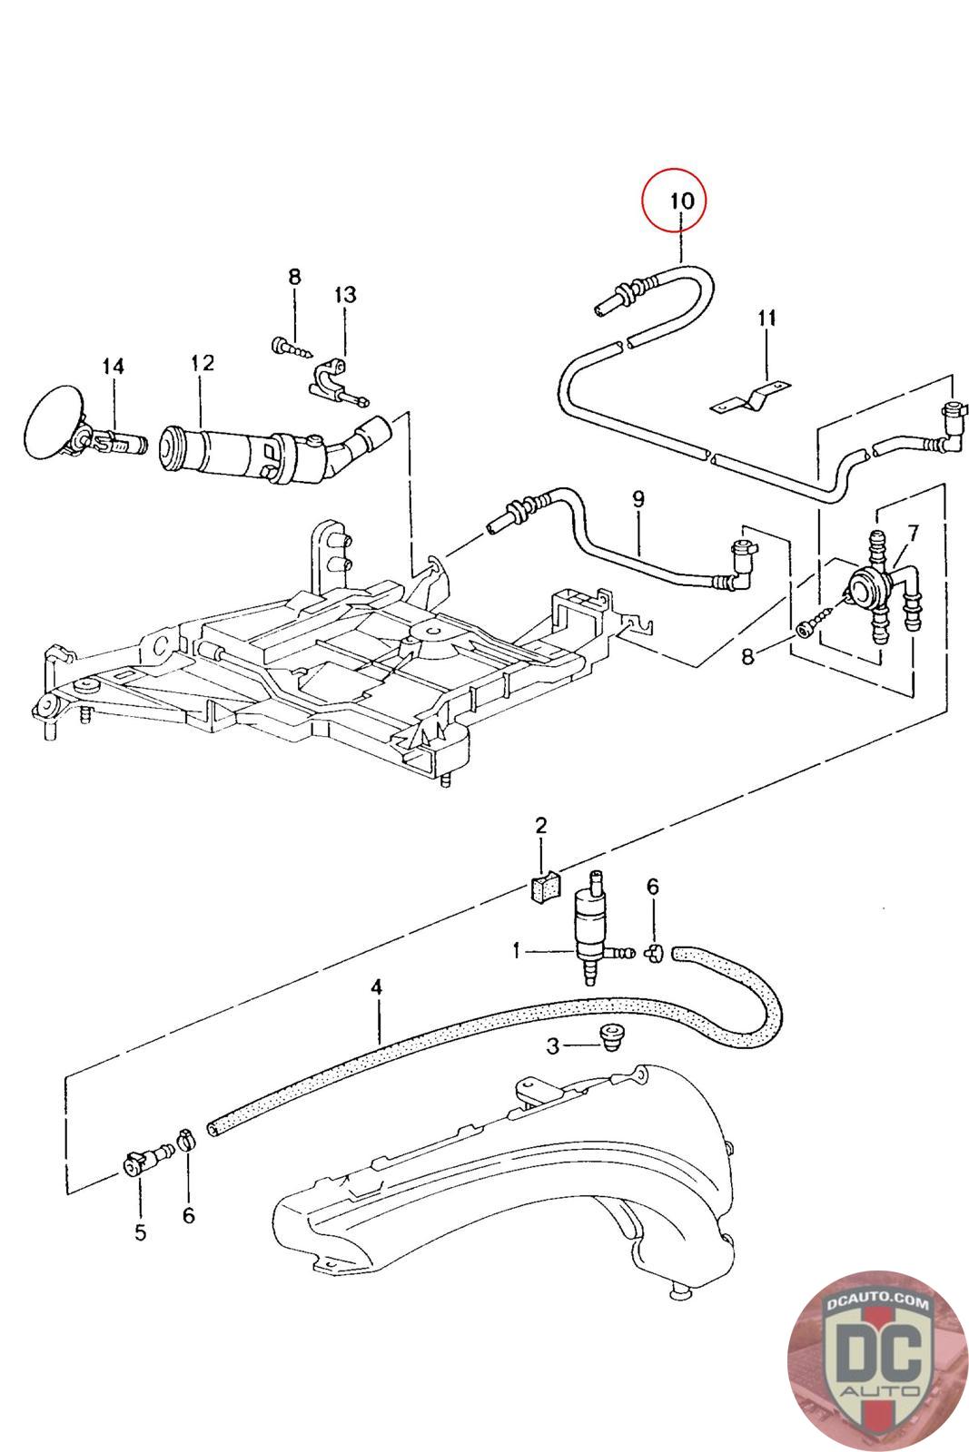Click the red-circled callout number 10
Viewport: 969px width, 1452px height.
pyautogui.click(x=682, y=201)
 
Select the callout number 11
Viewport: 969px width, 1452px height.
pyautogui.click(x=766, y=318)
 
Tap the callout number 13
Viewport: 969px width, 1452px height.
pyautogui.click(x=345, y=295)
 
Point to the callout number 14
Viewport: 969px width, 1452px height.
pyautogui.click(x=113, y=367)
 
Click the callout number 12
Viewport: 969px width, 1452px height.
pyautogui.click(x=203, y=362)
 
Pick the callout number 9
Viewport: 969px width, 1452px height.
pyautogui.click(x=638, y=499)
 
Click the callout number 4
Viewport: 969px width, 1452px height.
pyautogui.click(x=376, y=987)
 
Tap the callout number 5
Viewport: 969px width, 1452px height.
pyautogui.click(x=141, y=1232)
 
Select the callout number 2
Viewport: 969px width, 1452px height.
pyautogui.click(x=541, y=825)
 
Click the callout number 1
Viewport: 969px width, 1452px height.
pyautogui.click(x=516, y=951)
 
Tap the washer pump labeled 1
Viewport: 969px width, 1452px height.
pyautogui.click(x=596, y=927)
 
